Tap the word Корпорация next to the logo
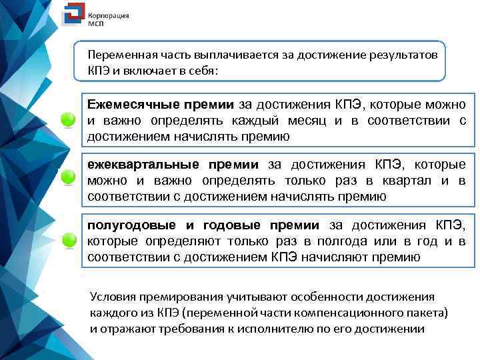click(x=109, y=14)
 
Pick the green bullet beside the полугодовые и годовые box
click(x=69, y=240)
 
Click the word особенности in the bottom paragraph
click(x=311, y=298)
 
